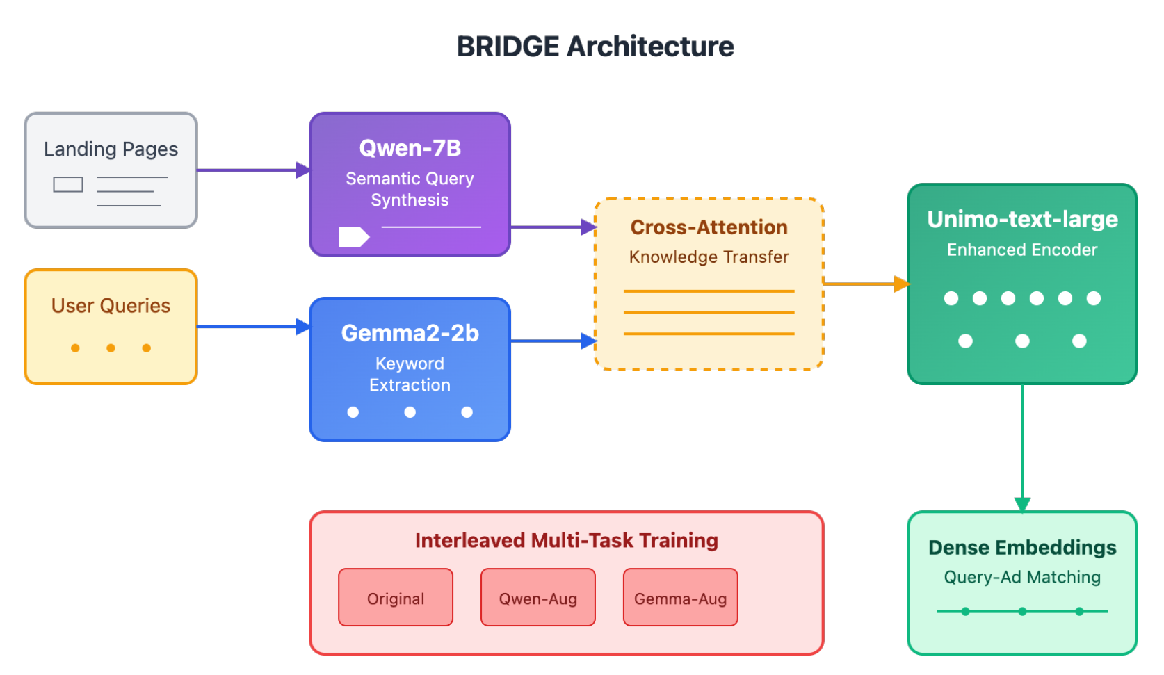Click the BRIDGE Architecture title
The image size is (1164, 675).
595,47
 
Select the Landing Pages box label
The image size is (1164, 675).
111,149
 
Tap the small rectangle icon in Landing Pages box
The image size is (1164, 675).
68,184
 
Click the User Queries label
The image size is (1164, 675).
111,306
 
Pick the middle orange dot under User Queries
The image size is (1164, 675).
111,348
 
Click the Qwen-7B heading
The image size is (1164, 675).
410,148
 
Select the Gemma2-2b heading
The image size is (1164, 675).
410,333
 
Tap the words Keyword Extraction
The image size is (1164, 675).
410,374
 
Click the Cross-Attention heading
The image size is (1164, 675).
709,227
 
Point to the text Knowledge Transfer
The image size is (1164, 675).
709,257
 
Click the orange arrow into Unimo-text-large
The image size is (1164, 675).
866,284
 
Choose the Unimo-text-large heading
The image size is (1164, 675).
1022,219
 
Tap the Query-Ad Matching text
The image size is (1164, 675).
1022,577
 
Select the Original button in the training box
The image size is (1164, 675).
396,598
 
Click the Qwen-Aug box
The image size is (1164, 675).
537,598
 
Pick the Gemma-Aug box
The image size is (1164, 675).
680,598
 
